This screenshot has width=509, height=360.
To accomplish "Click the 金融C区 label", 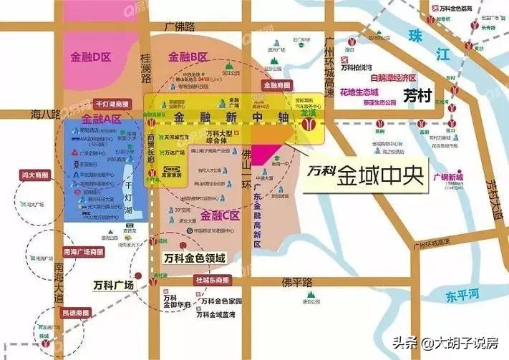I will click(x=220, y=214).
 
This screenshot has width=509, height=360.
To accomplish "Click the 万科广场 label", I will click(x=114, y=285).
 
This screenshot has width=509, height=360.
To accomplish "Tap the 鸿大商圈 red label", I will click(x=36, y=174).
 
